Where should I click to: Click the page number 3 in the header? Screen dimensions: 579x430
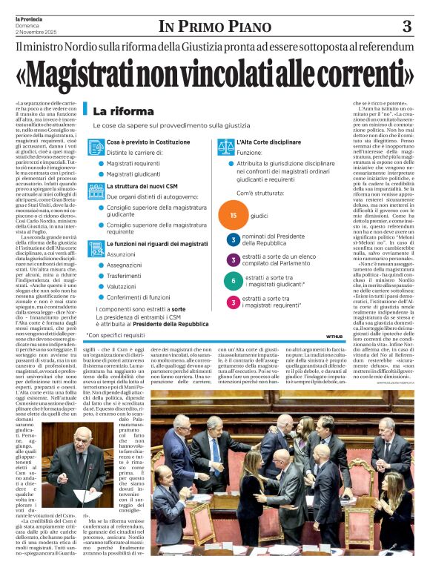[x=406, y=27]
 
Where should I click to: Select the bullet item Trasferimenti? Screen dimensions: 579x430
[x=125, y=275]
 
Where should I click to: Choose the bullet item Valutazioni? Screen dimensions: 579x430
[x=123, y=285]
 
